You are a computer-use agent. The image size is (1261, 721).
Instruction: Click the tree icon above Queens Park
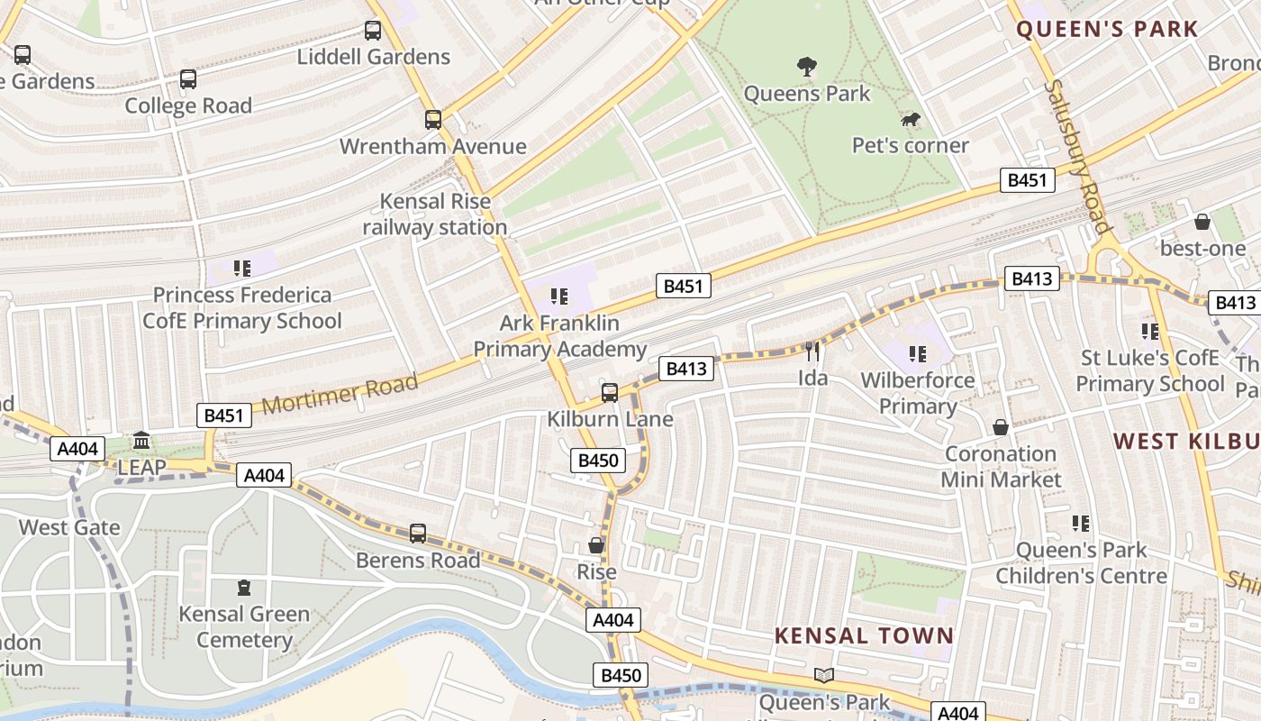pyautogui.click(x=807, y=66)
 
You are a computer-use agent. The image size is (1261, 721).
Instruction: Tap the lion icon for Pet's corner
pyautogui.click(x=911, y=119)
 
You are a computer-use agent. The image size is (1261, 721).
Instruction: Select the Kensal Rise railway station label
pyautogui.click(x=434, y=214)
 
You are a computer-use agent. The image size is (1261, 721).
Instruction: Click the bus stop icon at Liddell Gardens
pyautogui.click(x=373, y=31)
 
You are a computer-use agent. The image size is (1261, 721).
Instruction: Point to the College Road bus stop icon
pyautogui.click(x=188, y=79)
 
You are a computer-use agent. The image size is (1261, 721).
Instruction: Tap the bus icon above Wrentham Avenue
pyautogui.click(x=433, y=119)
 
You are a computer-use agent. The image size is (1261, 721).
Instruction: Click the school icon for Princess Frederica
pyautogui.click(x=241, y=268)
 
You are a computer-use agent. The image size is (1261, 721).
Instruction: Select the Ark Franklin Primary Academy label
pyautogui.click(x=559, y=336)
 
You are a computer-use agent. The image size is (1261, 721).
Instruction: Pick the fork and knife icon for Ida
pyautogui.click(x=812, y=351)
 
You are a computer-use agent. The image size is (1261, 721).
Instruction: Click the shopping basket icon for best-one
pyautogui.click(x=1202, y=222)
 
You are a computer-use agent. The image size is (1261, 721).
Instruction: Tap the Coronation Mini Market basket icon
pyautogui.click(x=1000, y=427)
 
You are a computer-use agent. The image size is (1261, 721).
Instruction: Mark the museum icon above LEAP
pyautogui.click(x=141, y=441)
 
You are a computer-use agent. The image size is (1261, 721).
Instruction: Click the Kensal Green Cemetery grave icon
pyautogui.click(x=244, y=588)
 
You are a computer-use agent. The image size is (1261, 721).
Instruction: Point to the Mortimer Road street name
pyautogui.click(x=340, y=393)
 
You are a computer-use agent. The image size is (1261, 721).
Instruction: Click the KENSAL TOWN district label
pyautogui.click(x=864, y=635)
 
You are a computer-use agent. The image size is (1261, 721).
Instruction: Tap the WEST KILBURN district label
pyautogui.click(x=1185, y=441)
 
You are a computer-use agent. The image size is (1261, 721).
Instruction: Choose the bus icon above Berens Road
pyautogui.click(x=418, y=533)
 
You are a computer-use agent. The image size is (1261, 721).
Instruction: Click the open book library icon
pyautogui.click(x=823, y=675)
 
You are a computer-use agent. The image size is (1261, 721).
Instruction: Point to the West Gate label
pyautogui.click(x=69, y=527)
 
